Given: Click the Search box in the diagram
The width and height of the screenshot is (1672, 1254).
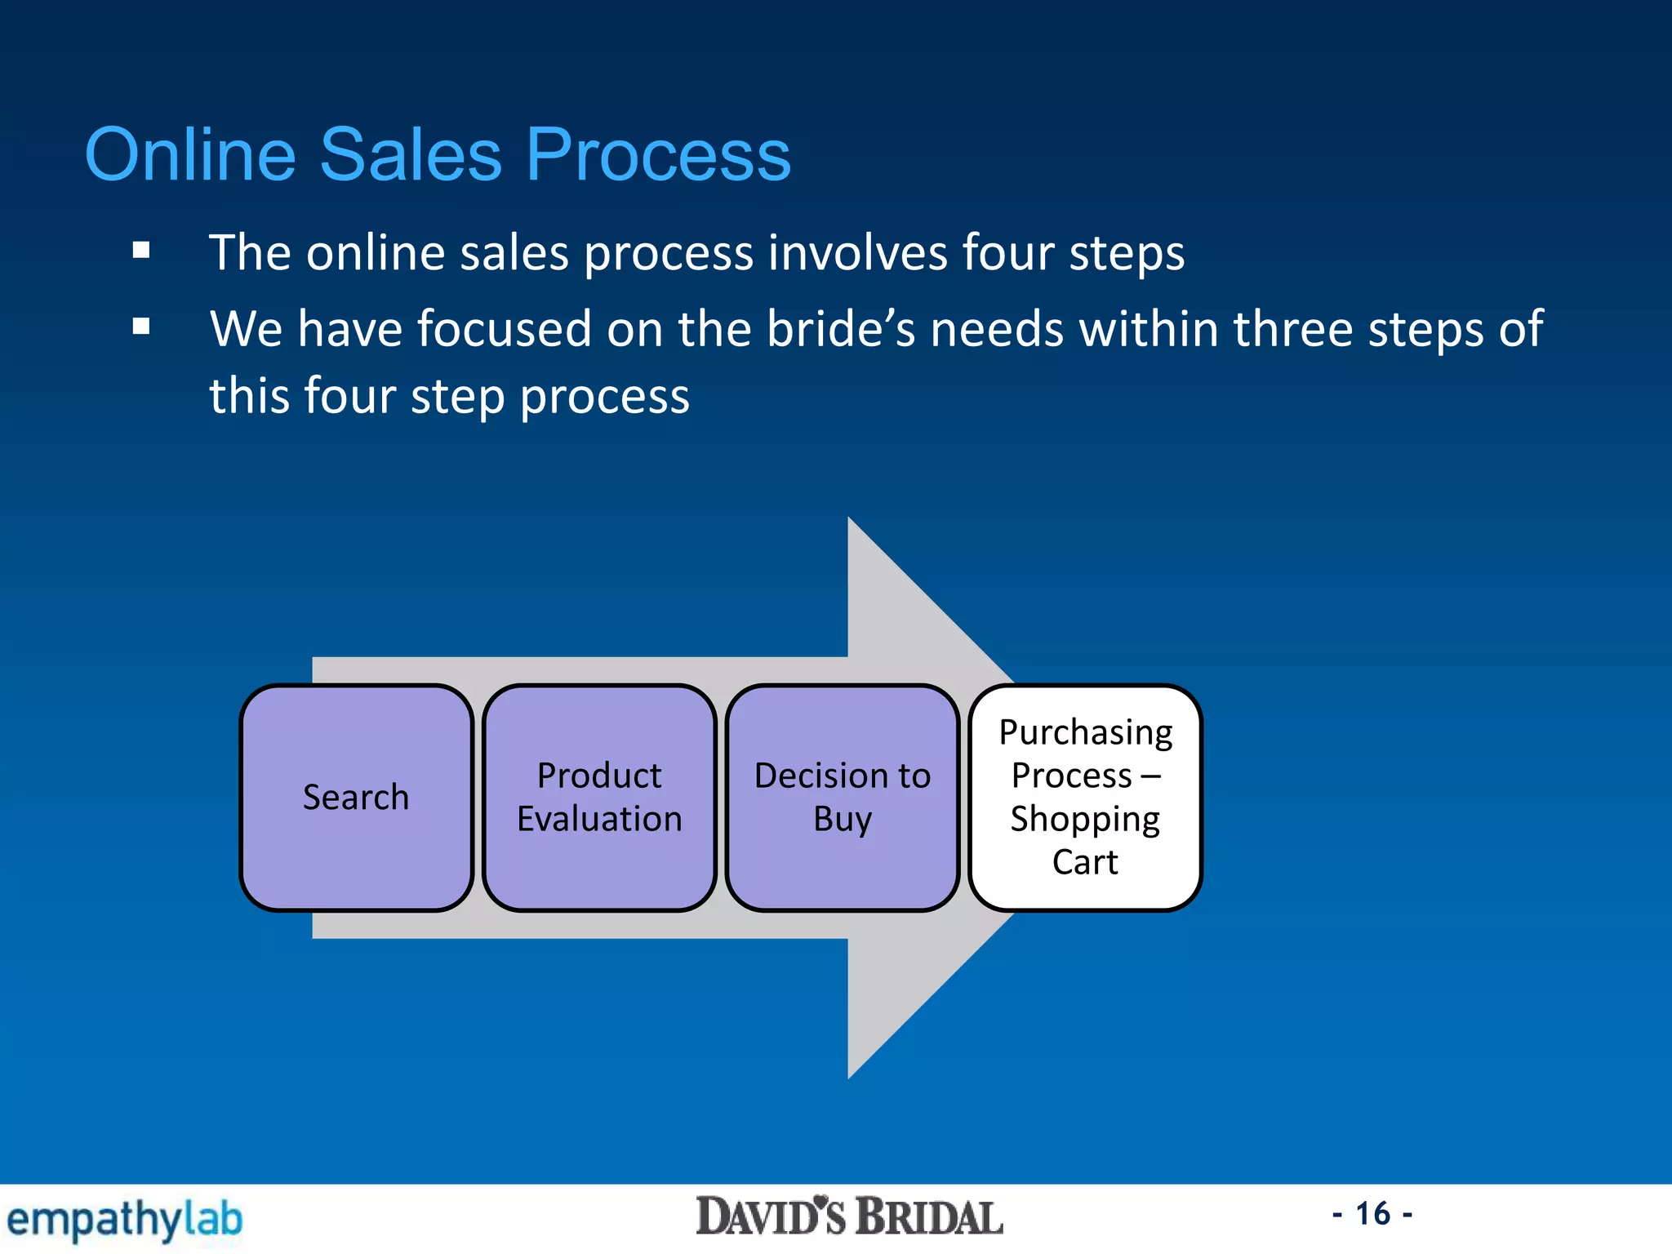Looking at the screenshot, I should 356,798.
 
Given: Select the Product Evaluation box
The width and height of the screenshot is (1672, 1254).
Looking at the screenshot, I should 599,798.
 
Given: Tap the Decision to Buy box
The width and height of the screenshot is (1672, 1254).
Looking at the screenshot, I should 843,798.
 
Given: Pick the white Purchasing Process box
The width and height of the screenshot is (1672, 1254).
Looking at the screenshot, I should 1085,798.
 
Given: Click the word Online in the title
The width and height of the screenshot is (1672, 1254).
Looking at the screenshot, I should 190,154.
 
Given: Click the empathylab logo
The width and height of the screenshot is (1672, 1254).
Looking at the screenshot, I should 124,1220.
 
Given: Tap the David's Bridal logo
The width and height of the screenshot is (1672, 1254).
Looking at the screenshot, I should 849,1217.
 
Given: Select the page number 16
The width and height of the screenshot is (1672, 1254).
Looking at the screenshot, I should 1372,1214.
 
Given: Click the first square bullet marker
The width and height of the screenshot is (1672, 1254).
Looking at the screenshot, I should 141,251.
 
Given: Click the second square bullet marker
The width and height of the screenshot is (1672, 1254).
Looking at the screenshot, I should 141,327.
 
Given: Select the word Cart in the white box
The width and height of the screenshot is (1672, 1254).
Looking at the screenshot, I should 1085,862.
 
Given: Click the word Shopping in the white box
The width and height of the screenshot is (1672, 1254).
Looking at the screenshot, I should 1085,820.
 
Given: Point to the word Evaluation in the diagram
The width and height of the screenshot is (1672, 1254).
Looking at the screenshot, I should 599,819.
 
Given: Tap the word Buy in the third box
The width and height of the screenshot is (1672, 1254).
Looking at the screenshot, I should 843,820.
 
